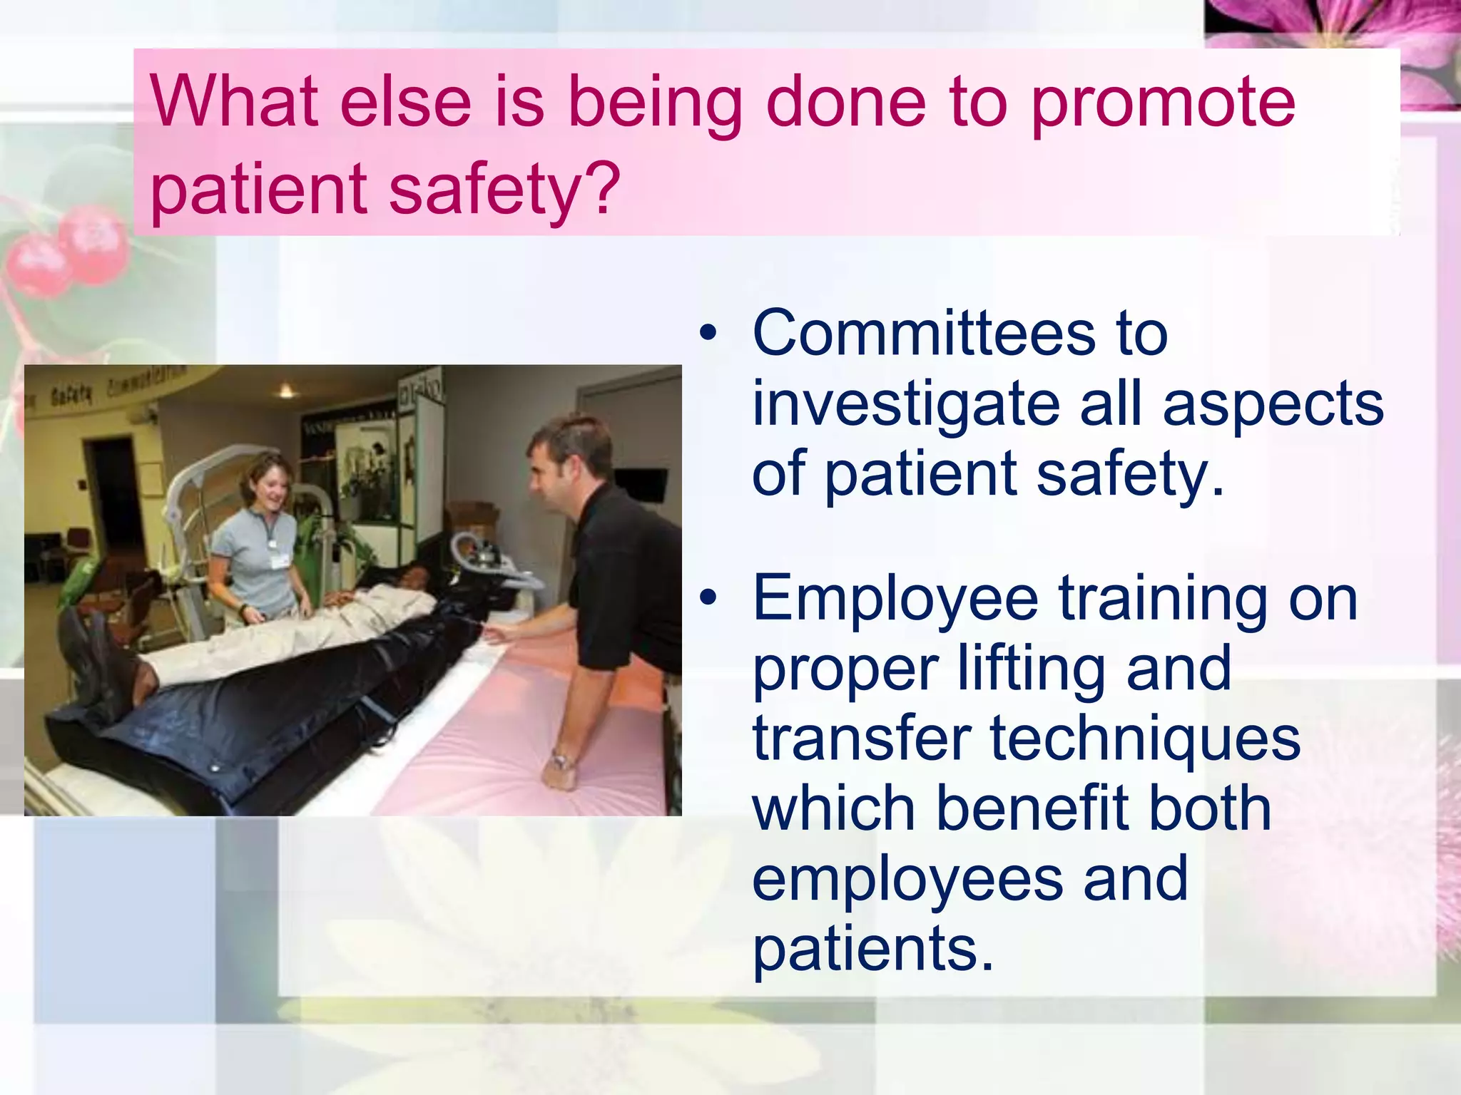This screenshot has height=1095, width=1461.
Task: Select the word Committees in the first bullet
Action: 924,333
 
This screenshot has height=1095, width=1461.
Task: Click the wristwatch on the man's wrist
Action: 561,761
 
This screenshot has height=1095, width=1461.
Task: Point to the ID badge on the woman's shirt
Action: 280,561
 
